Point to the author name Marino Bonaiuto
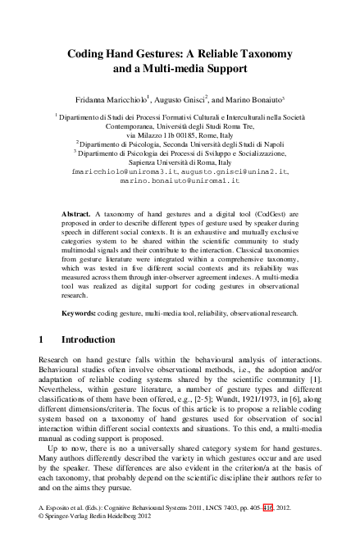pos(261,95)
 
